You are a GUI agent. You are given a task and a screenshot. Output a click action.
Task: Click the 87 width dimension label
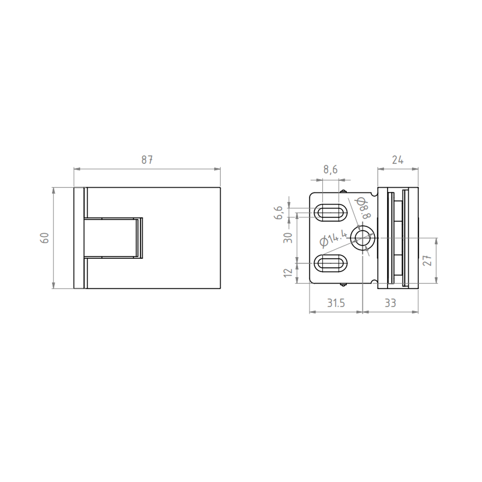(147, 160)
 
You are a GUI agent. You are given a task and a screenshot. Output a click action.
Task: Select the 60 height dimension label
(45, 238)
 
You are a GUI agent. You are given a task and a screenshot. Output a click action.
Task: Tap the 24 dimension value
(398, 160)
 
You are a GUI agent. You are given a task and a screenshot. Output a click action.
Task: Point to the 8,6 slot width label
(331, 170)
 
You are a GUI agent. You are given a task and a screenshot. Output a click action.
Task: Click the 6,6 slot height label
(278, 213)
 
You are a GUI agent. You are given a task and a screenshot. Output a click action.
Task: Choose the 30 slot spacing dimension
(288, 238)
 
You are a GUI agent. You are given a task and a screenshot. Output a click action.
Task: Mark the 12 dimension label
(288, 272)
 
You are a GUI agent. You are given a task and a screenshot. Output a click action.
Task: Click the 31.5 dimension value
(335, 303)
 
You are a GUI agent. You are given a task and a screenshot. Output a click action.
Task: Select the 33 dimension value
(390, 303)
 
